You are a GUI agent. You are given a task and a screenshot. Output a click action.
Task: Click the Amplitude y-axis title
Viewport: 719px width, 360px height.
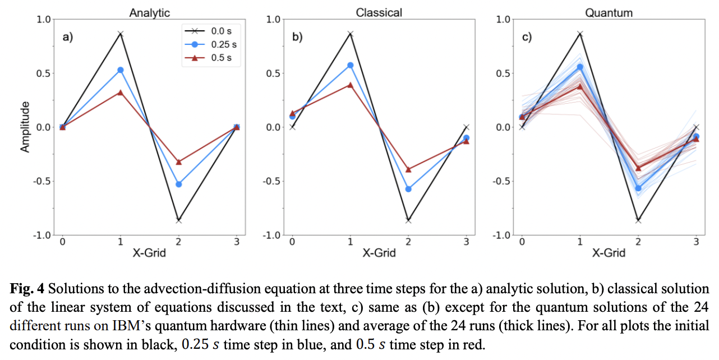[25, 127]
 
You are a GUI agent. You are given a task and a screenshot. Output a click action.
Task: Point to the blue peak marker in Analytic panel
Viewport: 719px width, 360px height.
[120, 70]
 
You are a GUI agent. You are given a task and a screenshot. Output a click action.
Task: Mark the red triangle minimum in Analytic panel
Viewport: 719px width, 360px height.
[178, 162]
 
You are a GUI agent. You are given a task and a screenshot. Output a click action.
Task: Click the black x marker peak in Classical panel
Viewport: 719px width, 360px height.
[350, 34]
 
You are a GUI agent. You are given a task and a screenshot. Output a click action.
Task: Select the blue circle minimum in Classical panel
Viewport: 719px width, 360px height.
[408, 189]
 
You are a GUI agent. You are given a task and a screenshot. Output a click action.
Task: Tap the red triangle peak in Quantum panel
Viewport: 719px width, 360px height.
[580, 86]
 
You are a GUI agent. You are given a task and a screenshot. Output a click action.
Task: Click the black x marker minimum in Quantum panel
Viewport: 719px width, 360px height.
[638, 220]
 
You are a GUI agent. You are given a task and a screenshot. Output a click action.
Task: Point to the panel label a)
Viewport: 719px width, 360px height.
[68, 38]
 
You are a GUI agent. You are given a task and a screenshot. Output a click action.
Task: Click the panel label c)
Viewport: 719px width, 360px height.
[527, 38]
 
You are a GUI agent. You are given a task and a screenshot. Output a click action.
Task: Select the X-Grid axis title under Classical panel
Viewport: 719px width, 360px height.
[379, 253]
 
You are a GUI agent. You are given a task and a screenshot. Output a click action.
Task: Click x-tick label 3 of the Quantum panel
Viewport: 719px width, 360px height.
[696, 242]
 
